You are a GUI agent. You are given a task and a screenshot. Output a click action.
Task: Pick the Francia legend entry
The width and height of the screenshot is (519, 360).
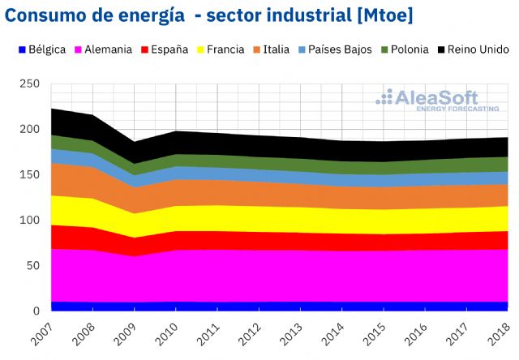[225, 49]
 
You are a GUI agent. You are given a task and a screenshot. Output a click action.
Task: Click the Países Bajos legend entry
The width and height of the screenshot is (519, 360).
[339, 49]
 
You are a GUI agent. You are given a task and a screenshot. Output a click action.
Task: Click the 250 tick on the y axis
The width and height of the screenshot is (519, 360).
[30, 84]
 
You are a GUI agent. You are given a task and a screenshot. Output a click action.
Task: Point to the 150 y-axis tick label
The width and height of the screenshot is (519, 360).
[30, 175]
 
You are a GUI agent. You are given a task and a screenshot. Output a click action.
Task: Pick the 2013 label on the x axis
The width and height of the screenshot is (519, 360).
[297, 335]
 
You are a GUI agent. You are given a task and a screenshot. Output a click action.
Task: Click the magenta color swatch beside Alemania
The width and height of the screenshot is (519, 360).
[79, 49]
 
